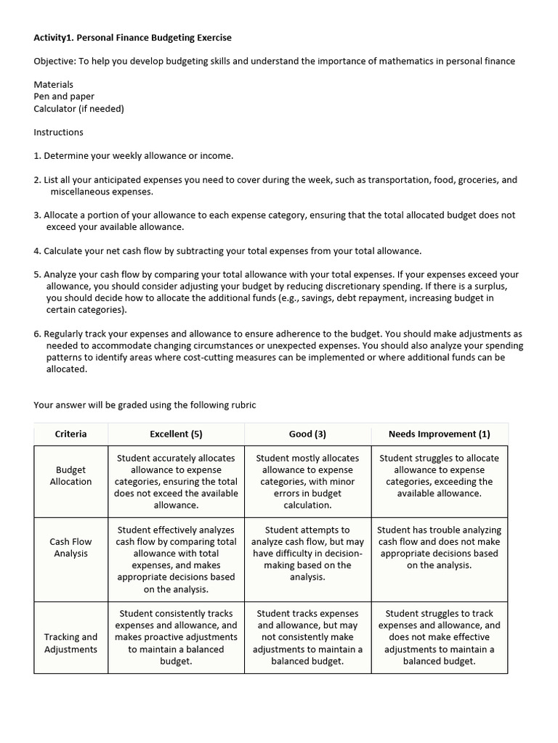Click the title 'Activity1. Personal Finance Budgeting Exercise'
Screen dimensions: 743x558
pos(132,37)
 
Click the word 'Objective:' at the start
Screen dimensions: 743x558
pos(54,61)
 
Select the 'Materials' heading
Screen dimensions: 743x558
pos(53,84)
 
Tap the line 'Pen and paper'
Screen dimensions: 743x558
pos(64,97)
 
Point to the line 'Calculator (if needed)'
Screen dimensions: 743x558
pos(78,109)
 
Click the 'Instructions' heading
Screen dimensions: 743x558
pos(58,132)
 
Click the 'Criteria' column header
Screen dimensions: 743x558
pos(70,434)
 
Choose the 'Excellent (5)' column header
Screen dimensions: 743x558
pos(176,434)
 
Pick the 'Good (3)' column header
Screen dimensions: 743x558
pos(307,434)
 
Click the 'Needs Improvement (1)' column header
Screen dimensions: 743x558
pos(439,434)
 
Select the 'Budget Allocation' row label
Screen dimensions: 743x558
pos(70,476)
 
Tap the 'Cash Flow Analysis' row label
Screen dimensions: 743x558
pos(70,548)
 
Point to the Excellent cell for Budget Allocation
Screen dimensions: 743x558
pos(176,481)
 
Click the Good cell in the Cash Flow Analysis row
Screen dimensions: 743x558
pos(307,553)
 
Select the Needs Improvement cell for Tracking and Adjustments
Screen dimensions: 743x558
pos(439,637)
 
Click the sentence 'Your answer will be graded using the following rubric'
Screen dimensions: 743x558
pos(145,405)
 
